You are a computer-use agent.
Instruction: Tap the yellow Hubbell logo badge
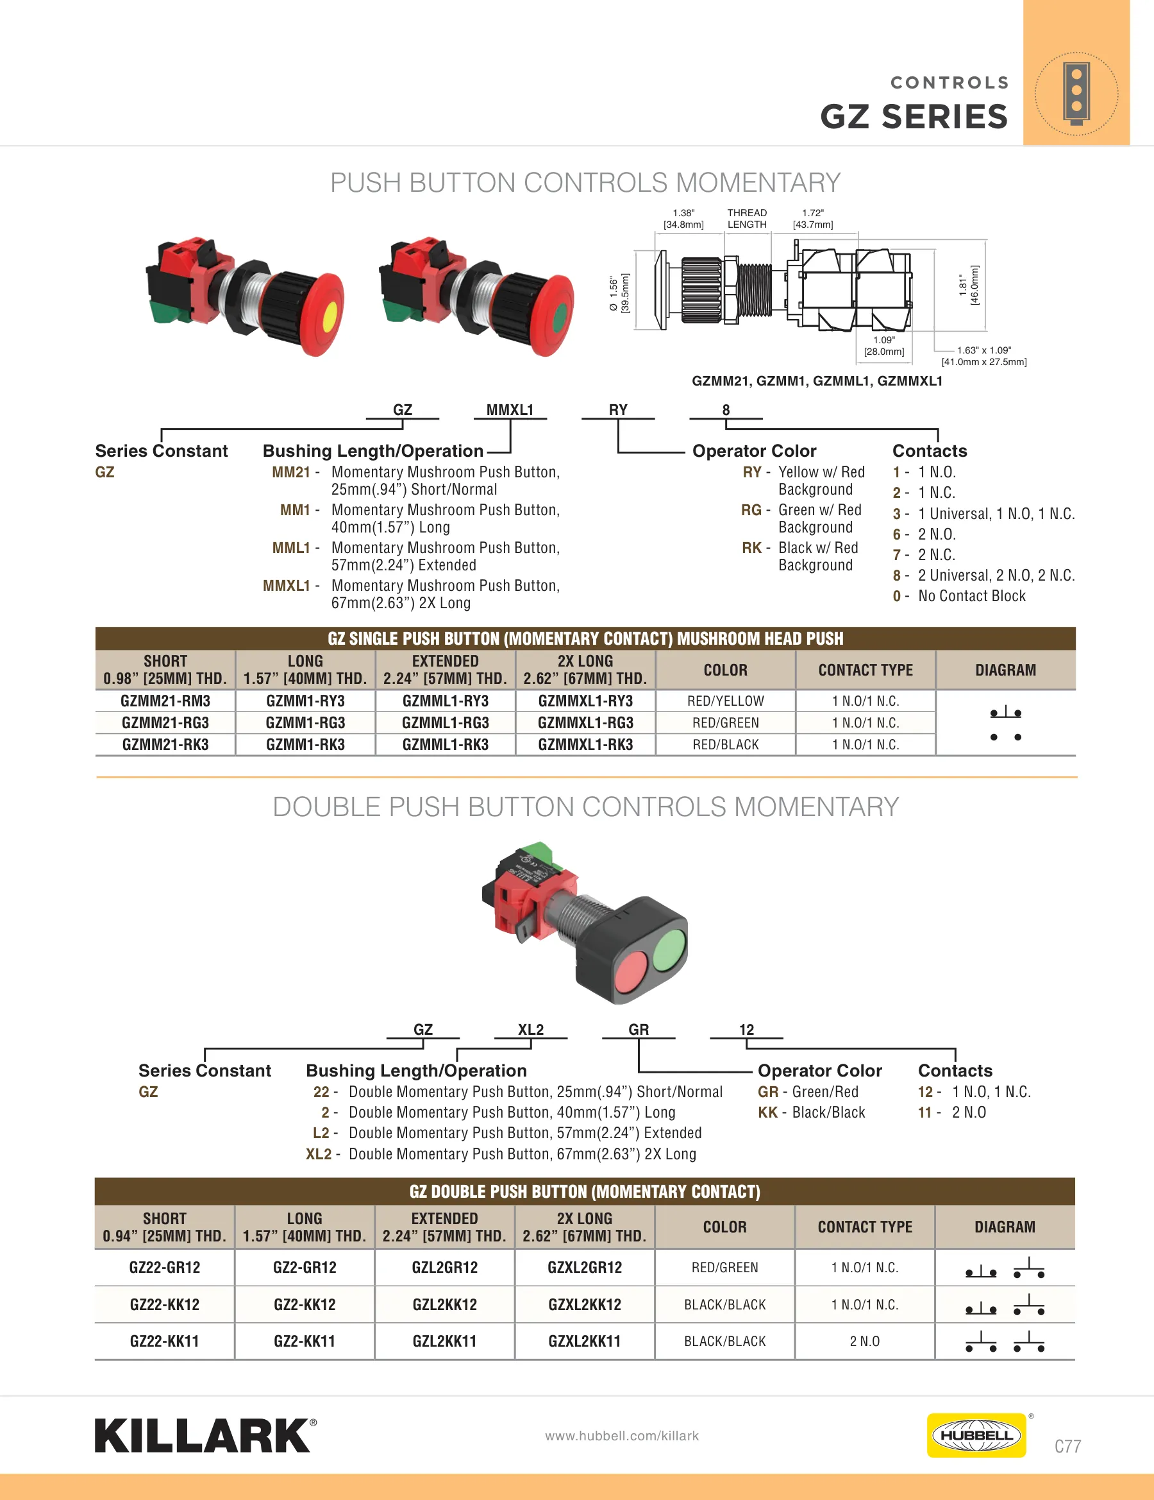(x=976, y=1435)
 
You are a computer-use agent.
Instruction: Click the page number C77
(x=1067, y=1445)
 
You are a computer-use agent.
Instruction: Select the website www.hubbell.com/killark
(x=621, y=1435)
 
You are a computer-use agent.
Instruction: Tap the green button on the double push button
(x=669, y=950)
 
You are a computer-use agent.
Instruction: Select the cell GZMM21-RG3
(x=165, y=722)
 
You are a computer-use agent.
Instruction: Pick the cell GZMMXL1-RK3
(x=585, y=744)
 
